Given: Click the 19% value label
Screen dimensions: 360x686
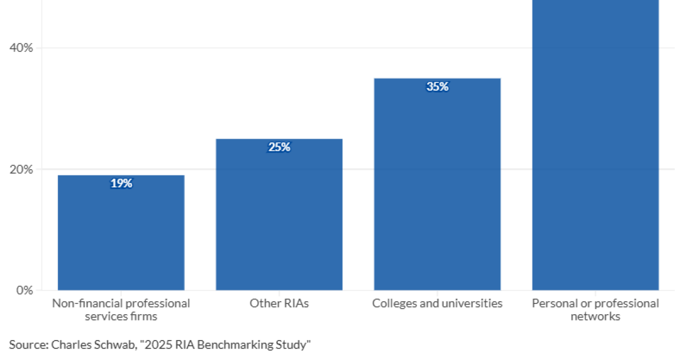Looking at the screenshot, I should (121, 183).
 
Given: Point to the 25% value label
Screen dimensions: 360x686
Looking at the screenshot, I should (279, 147).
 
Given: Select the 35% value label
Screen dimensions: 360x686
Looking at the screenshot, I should (437, 87).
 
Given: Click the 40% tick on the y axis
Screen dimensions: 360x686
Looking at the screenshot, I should (22, 48).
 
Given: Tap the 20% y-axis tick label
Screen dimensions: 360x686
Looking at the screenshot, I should (22, 170).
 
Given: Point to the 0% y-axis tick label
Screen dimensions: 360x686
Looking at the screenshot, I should (25, 290).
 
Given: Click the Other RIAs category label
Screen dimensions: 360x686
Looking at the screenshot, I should (279, 303).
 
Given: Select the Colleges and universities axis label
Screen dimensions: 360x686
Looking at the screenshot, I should (437, 303).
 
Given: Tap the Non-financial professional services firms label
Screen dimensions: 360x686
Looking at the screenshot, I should (121, 309).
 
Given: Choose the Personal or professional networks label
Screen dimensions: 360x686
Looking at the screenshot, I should (595, 309).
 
